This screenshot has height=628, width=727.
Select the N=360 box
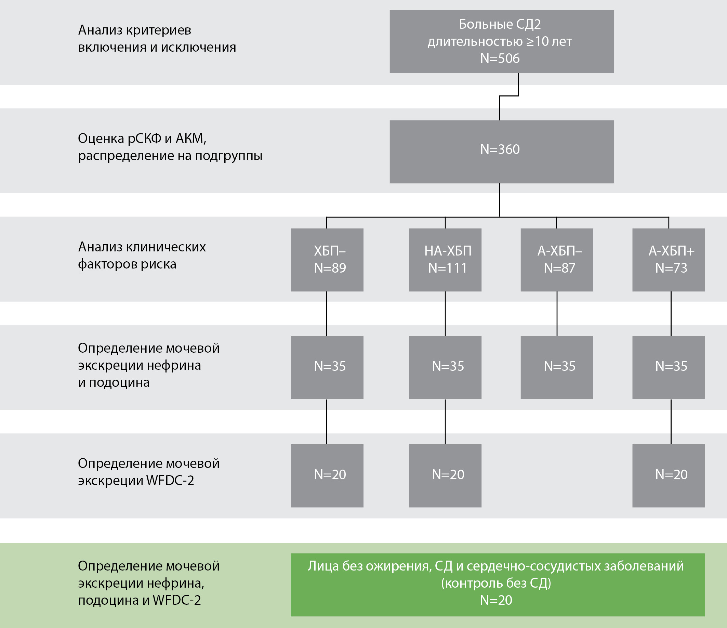[501, 152]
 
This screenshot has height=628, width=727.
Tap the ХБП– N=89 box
[327, 260]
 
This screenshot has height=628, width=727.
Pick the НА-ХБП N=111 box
[445, 260]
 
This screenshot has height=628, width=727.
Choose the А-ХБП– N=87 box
[557, 260]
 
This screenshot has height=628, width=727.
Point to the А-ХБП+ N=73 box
[669, 260]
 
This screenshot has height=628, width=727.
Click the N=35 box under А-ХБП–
[557, 367]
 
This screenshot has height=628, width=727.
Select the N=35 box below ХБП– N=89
[327, 367]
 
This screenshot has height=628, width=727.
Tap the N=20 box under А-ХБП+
[669, 476]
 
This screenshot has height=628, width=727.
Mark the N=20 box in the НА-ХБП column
[445, 476]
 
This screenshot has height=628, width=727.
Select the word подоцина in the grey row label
[119, 382]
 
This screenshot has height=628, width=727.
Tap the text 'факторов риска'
[127, 264]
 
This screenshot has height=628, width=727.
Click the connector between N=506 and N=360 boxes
[500, 107]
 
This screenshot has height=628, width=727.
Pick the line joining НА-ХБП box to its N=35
[445, 313]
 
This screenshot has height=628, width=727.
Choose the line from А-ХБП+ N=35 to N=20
[671, 421]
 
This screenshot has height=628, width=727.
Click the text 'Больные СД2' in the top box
[500, 24]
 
